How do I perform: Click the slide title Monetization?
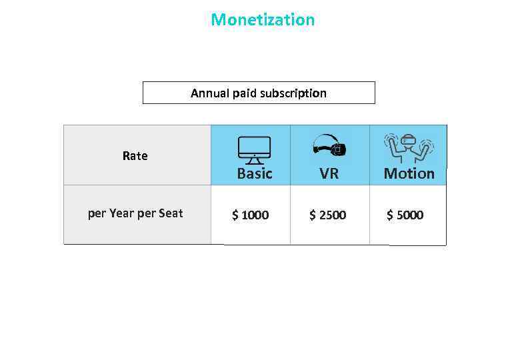(263, 20)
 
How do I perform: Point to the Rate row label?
(135, 156)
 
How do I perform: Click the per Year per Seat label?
(135, 214)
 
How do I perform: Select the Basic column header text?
(255, 174)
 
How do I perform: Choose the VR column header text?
(329, 174)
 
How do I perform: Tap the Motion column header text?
(409, 174)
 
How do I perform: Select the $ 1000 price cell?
(251, 215)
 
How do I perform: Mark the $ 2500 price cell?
(328, 215)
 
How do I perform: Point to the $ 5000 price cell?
(405, 215)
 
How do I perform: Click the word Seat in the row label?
(171, 214)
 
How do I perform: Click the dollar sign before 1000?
(235, 215)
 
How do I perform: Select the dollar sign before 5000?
(390, 215)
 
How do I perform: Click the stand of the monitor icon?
(254, 161)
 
